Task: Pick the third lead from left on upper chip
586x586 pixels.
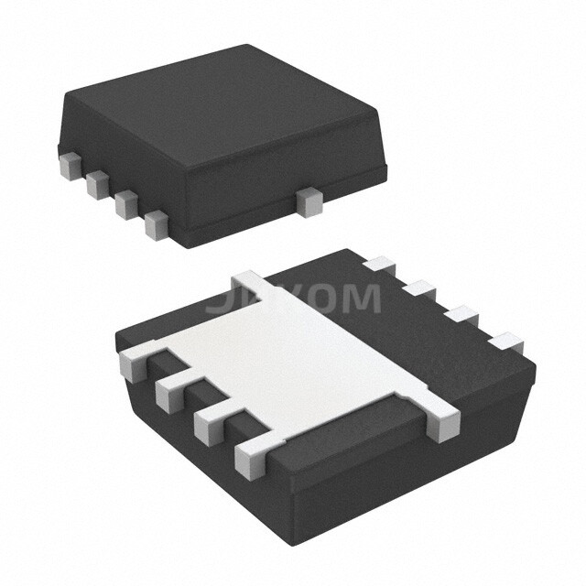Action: point(126,204)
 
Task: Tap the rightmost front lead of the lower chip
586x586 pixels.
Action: point(252,456)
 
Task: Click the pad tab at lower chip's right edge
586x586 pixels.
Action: point(444,420)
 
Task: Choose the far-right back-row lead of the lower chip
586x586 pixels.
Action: point(506,344)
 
